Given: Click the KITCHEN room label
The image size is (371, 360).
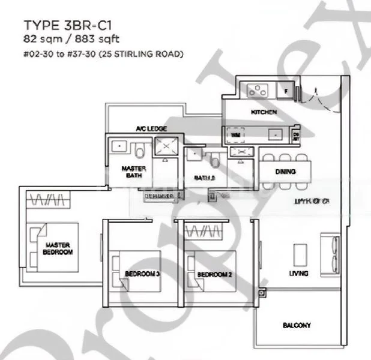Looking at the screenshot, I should pyautogui.click(x=263, y=112).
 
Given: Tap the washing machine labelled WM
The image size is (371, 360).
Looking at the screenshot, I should pyautogui.click(x=235, y=136).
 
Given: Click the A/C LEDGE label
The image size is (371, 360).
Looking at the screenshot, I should pyautogui.click(x=151, y=129).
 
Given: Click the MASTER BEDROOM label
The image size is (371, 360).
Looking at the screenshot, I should pyautogui.click(x=57, y=248).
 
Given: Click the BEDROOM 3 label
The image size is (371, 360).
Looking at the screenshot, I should pyautogui.click(x=142, y=274).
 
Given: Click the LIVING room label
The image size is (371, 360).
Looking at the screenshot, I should pyautogui.click(x=298, y=274).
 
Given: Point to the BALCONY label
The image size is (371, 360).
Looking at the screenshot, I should pyautogui.click(x=297, y=325).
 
